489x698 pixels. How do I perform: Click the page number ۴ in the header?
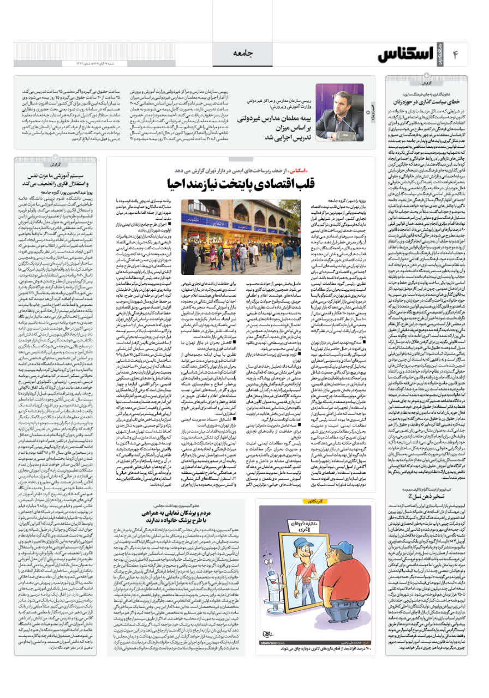tap(458, 54)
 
